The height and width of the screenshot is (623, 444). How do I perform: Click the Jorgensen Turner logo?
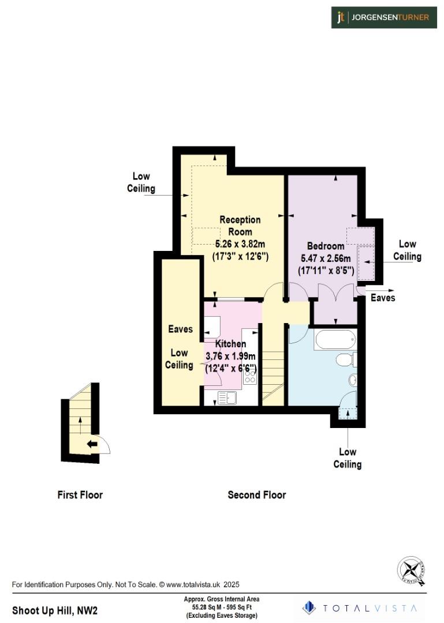(383, 17)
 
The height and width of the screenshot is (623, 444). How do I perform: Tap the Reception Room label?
(240, 225)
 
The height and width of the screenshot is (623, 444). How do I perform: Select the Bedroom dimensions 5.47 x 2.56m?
(326, 258)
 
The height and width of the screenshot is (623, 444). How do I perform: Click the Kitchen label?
(230, 344)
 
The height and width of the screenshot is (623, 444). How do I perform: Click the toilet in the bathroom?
(345, 361)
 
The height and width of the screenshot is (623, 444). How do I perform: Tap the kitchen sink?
(226, 397)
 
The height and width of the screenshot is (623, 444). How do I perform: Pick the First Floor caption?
(80, 494)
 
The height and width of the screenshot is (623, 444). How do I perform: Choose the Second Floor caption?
(256, 494)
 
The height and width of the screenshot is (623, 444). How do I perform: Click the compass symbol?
(412, 571)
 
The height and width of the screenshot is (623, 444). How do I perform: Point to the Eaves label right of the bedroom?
(383, 298)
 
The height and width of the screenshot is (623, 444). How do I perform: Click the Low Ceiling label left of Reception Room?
(141, 182)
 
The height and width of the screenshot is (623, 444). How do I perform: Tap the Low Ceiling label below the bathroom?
(347, 458)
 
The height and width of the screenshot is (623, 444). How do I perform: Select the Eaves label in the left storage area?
(180, 329)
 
